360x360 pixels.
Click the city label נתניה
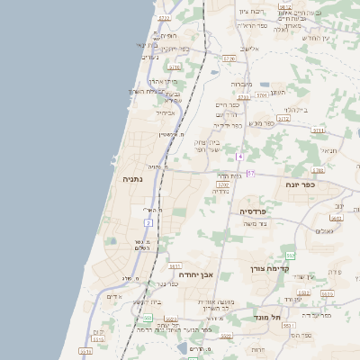click(x=133, y=179)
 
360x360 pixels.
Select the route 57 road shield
click(x=250, y=173)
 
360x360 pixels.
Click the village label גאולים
click(x=323, y=231)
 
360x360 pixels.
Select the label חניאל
click(x=328, y=150)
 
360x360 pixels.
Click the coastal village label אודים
click(x=113, y=296)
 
